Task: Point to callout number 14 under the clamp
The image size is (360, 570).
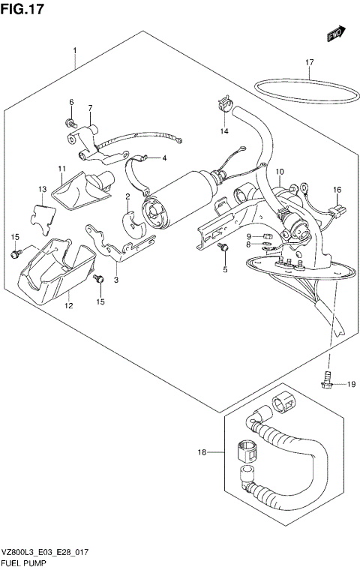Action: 223,132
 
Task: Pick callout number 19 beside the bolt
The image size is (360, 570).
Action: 350,385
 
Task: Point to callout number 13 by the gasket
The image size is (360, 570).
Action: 43,189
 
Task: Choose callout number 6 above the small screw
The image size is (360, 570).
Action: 72,102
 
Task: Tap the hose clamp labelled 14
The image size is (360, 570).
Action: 223,103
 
